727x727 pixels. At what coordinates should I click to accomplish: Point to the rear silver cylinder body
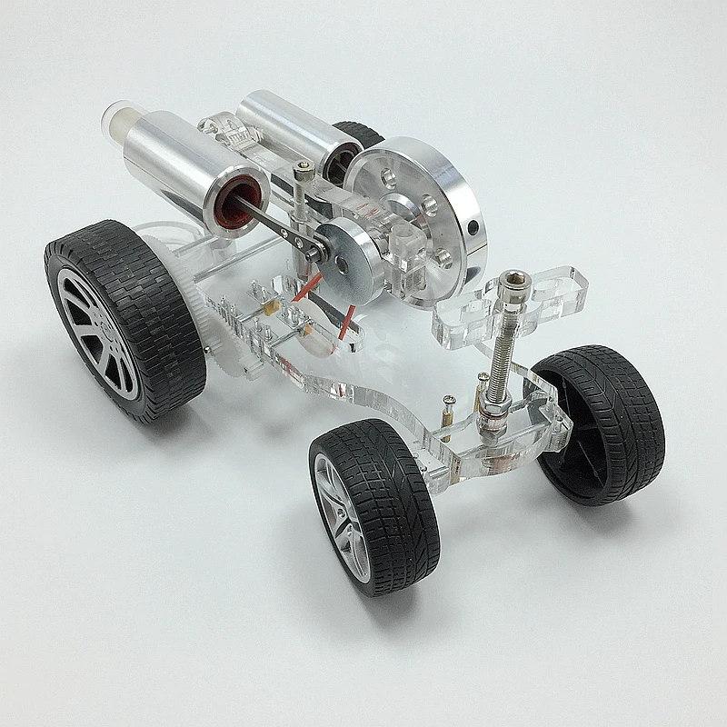point(289,122)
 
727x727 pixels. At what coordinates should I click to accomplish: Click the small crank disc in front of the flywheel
point(358,255)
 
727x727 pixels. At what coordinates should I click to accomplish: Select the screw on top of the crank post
point(306,166)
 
